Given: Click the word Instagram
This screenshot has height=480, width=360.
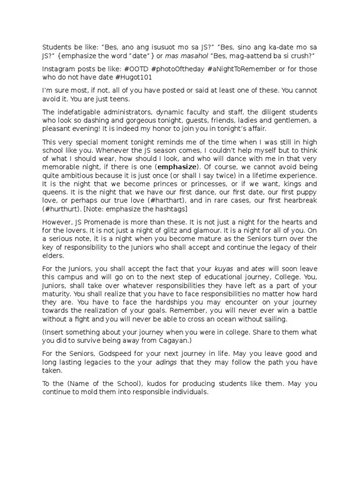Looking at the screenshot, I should point(59,68).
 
